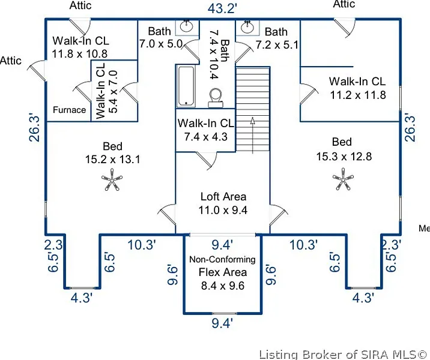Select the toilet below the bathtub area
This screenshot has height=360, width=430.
coord(216,97)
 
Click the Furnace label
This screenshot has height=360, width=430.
coord(69,110)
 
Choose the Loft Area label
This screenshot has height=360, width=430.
coord(223,196)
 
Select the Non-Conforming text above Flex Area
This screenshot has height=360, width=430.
coord(222,260)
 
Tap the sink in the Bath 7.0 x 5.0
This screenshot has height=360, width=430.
coord(187,26)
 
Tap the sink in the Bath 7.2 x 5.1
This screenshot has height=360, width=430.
coord(247,26)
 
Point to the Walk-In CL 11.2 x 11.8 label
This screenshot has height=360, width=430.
coord(357,88)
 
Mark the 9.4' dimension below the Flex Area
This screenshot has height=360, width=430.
coord(222,324)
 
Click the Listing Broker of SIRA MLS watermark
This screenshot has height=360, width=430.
coord(344,353)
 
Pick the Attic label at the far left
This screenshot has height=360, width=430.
coord(11,61)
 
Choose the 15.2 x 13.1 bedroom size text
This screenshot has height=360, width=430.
coord(112,160)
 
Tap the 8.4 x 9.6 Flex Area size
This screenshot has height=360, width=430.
coord(222,286)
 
